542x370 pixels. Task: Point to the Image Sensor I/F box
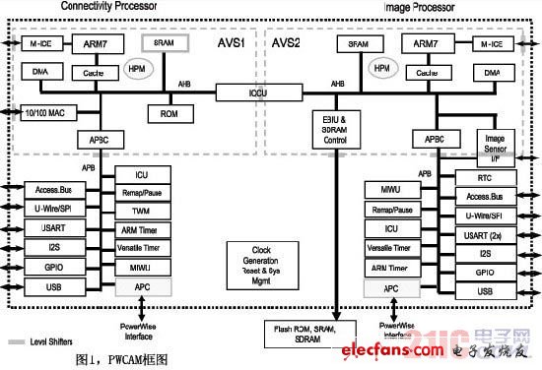point(499,147)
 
